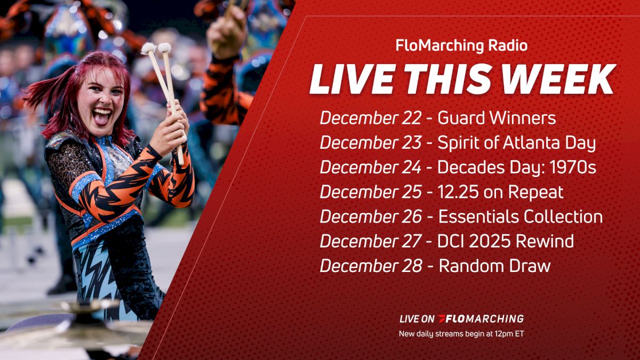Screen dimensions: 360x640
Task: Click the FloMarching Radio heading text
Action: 461,46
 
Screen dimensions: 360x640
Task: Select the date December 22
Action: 370,118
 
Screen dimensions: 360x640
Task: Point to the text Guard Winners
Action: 497,118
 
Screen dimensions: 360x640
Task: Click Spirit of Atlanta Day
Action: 516,143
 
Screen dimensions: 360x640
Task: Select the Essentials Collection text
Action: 521,217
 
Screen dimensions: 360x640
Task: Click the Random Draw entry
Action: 494,266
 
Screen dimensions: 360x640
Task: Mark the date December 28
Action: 371,266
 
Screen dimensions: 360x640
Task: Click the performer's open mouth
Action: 101,116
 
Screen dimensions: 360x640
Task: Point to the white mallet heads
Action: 156,48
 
